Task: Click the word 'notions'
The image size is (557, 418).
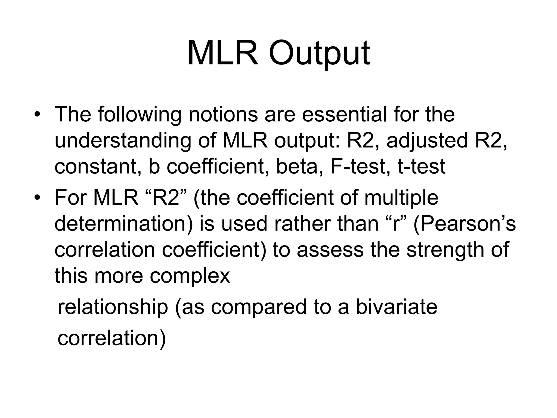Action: [223, 114]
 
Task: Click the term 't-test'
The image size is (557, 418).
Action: [421, 167]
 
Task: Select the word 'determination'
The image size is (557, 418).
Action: [124, 224]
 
